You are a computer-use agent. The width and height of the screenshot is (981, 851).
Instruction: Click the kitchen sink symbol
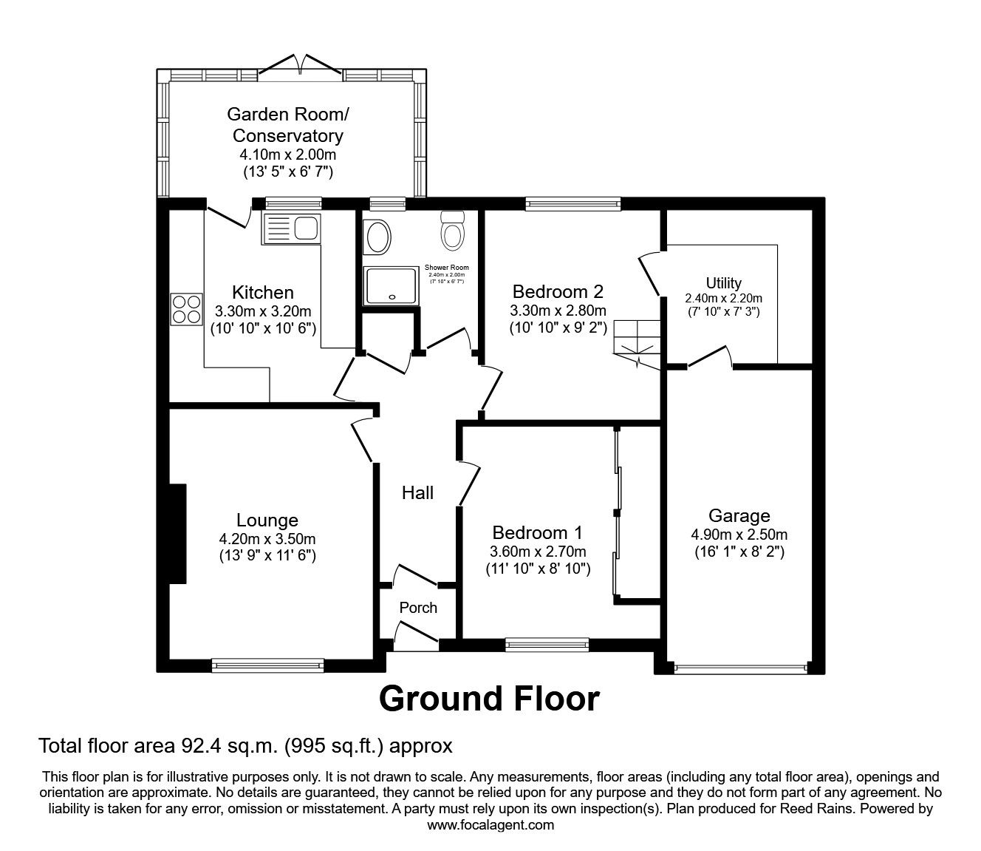click(x=290, y=228)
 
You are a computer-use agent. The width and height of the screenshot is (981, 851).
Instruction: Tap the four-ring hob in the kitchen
click(x=186, y=309)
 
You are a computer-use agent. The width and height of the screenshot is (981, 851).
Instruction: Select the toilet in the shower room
click(x=452, y=231)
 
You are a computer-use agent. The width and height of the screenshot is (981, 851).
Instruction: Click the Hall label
click(x=417, y=493)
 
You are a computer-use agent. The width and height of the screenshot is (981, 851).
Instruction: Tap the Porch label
click(x=418, y=608)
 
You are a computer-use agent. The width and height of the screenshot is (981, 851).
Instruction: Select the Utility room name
click(x=723, y=283)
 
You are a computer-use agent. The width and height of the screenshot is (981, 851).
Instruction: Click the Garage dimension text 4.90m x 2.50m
click(x=739, y=535)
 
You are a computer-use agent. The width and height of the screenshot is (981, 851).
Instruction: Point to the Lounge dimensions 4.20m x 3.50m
click(x=267, y=540)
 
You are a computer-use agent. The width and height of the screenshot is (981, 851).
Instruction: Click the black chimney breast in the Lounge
click(x=177, y=534)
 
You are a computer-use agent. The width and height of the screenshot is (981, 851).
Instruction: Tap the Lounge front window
click(x=267, y=665)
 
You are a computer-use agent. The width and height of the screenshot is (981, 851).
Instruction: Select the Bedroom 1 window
click(x=547, y=645)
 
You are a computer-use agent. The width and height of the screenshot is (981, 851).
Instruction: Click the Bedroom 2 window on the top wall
click(x=573, y=203)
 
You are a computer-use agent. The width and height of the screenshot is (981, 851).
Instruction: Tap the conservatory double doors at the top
click(x=299, y=65)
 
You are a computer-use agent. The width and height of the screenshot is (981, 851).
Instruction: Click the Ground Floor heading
click(x=489, y=698)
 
